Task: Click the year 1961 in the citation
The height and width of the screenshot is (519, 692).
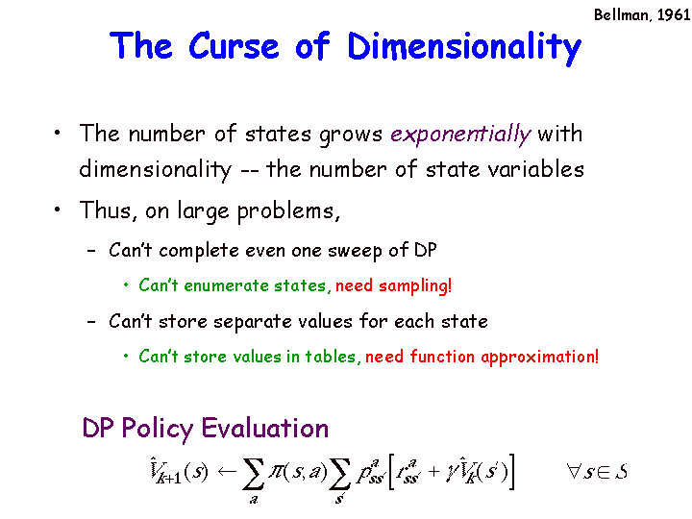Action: click(674, 15)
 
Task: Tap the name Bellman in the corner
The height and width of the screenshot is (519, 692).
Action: click(622, 15)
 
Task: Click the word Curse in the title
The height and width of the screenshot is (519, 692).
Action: click(234, 45)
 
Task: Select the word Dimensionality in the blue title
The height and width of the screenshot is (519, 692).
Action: click(464, 48)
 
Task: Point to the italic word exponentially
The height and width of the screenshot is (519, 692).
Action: click(460, 135)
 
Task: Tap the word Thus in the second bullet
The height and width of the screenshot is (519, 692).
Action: click(105, 210)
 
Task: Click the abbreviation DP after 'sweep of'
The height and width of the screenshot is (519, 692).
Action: click(425, 250)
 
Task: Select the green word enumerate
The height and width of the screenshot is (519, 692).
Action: click(226, 285)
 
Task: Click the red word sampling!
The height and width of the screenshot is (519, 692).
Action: click(415, 286)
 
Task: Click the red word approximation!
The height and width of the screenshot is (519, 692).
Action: click(540, 357)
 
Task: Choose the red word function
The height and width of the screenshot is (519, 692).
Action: click(442, 357)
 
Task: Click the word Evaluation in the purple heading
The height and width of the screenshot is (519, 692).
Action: click(265, 428)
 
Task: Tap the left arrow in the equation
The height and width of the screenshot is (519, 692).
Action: click(227, 471)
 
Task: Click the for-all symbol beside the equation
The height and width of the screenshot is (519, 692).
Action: click(574, 471)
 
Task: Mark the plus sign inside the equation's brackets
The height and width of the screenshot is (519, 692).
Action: click(433, 472)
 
